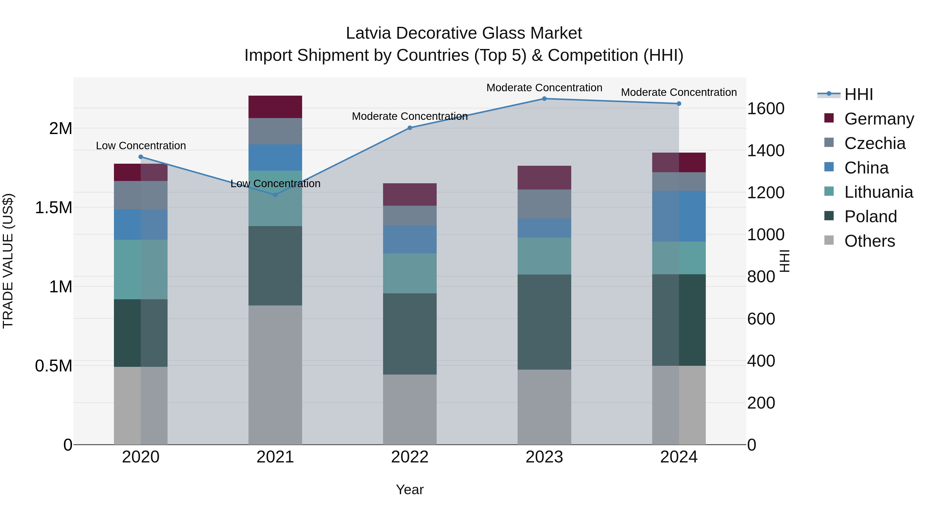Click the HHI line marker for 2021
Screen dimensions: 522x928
[x=275, y=195]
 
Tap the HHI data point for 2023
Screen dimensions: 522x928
[x=544, y=99]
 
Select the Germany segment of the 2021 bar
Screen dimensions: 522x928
[x=275, y=107]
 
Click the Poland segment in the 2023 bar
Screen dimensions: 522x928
[x=544, y=322]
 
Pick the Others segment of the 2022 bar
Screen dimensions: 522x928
[x=410, y=409]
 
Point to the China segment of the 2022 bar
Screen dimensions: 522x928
[x=410, y=239]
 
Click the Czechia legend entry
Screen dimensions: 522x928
[x=874, y=143]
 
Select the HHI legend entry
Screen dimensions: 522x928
[x=858, y=94]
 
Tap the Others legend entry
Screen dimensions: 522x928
[x=869, y=241]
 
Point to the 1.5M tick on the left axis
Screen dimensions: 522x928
[x=54, y=208]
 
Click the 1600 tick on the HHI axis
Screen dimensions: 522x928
[x=766, y=109]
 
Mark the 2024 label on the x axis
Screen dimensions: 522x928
[x=679, y=457]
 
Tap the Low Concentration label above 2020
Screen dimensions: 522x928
[x=141, y=146]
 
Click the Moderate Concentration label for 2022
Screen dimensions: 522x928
[x=410, y=116]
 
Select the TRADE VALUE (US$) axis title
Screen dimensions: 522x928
[x=8, y=261]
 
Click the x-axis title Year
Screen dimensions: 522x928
[x=410, y=490]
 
